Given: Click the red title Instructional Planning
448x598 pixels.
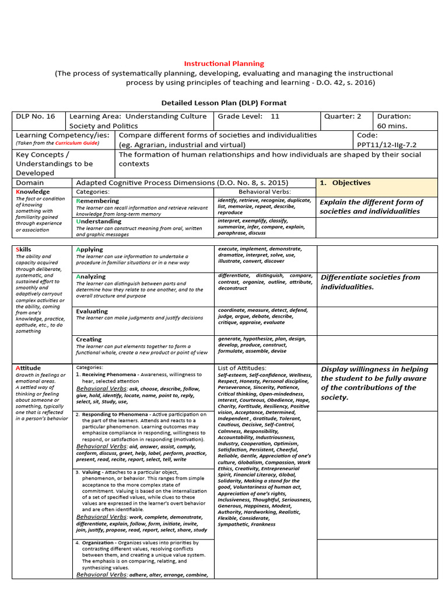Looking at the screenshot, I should pyautogui.click(x=224, y=63).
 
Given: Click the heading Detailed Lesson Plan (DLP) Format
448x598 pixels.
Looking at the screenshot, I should pyautogui.click(x=224, y=103).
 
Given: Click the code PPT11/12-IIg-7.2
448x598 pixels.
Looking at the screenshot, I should pyautogui.click(x=387, y=145).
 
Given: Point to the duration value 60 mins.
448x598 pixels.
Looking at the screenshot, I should pyautogui.click(x=394, y=126).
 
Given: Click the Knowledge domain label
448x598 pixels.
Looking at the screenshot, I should pyautogui.click(x=33, y=192).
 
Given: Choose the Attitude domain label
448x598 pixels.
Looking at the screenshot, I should pyautogui.click(x=28, y=368).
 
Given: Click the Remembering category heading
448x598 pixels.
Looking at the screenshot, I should pyautogui.click(x=97, y=201).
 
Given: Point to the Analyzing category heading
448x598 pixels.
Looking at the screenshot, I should pyautogui.click(x=91, y=276).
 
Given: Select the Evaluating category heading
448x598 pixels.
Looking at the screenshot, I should pyautogui.click(x=92, y=311).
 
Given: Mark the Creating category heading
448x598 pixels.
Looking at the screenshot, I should pyautogui.click(x=89, y=339).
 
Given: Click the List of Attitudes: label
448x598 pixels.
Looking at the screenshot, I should pyautogui.click(x=242, y=368).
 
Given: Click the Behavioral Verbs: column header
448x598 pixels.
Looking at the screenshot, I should pyautogui.click(x=264, y=192).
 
